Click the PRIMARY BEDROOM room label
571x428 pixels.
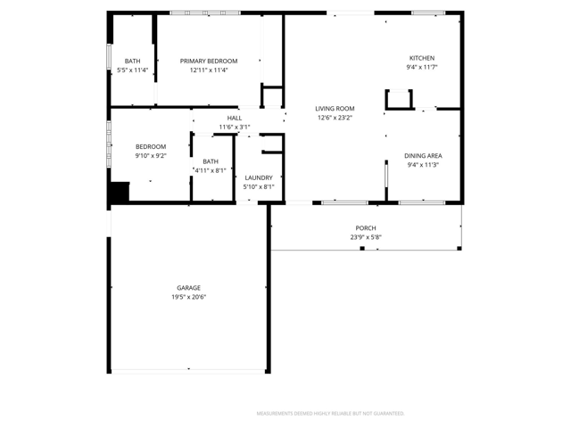[209, 62]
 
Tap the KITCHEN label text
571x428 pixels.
[422, 58]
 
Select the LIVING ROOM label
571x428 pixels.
[335, 109]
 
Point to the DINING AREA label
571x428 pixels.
[423, 156]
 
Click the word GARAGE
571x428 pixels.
[188, 288]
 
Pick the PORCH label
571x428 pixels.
[366, 228]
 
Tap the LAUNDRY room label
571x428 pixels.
[259, 178]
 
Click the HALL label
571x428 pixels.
[235, 119]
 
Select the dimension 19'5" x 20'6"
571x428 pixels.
[188, 297]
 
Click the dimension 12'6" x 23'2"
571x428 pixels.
[335, 118]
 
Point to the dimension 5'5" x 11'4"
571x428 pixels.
[133, 70]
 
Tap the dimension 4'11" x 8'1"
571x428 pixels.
[211, 170]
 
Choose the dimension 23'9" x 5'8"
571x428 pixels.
[366, 237]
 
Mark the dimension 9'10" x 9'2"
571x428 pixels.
[151, 156]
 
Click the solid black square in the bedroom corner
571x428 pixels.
[120, 192]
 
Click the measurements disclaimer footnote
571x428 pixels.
[330, 414]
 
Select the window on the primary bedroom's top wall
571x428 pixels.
[205, 13]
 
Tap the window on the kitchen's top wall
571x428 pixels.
[428, 13]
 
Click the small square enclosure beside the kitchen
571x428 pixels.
[399, 99]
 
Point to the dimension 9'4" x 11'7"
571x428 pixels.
[422, 68]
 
